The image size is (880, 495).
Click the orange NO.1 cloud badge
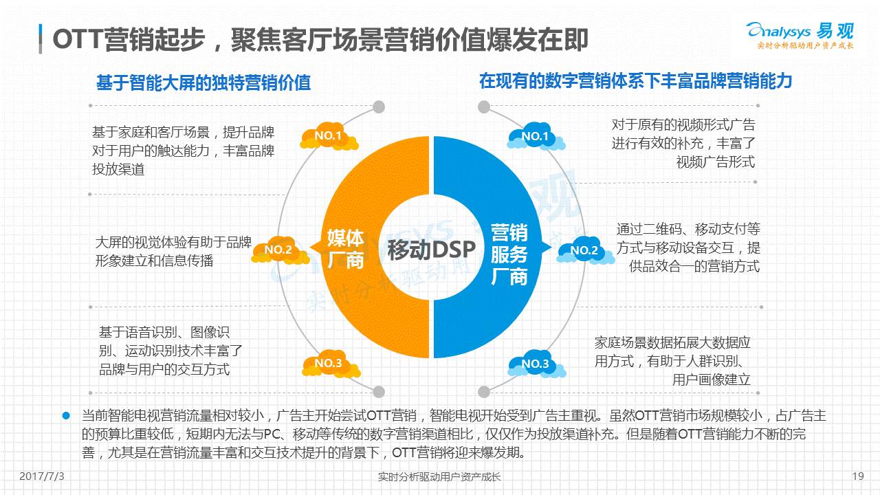pos(329,137)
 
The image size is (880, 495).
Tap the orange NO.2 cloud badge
pos(278,250)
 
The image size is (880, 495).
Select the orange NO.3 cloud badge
pos(329,364)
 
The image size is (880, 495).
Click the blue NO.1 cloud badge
pos(535,137)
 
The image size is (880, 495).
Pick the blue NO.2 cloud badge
pos(584,251)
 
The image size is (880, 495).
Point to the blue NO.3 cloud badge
pos(535,364)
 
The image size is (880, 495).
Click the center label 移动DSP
pos(431,250)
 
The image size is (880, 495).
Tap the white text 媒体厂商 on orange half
pos(345,249)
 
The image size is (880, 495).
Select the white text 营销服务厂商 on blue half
pos(509,254)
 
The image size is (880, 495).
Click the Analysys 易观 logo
pos(800,35)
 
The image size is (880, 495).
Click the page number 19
pos(857,476)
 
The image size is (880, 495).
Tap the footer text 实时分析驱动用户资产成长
pos(440,476)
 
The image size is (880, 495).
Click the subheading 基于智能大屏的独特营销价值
pos(203,82)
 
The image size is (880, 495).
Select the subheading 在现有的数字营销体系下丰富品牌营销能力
pos(635,81)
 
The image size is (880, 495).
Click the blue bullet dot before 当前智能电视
pos(67,416)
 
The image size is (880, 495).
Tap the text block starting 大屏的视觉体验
pos(173,252)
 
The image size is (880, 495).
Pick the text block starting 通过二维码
pos(687,247)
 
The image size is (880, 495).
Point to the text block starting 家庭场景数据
pos(672,361)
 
